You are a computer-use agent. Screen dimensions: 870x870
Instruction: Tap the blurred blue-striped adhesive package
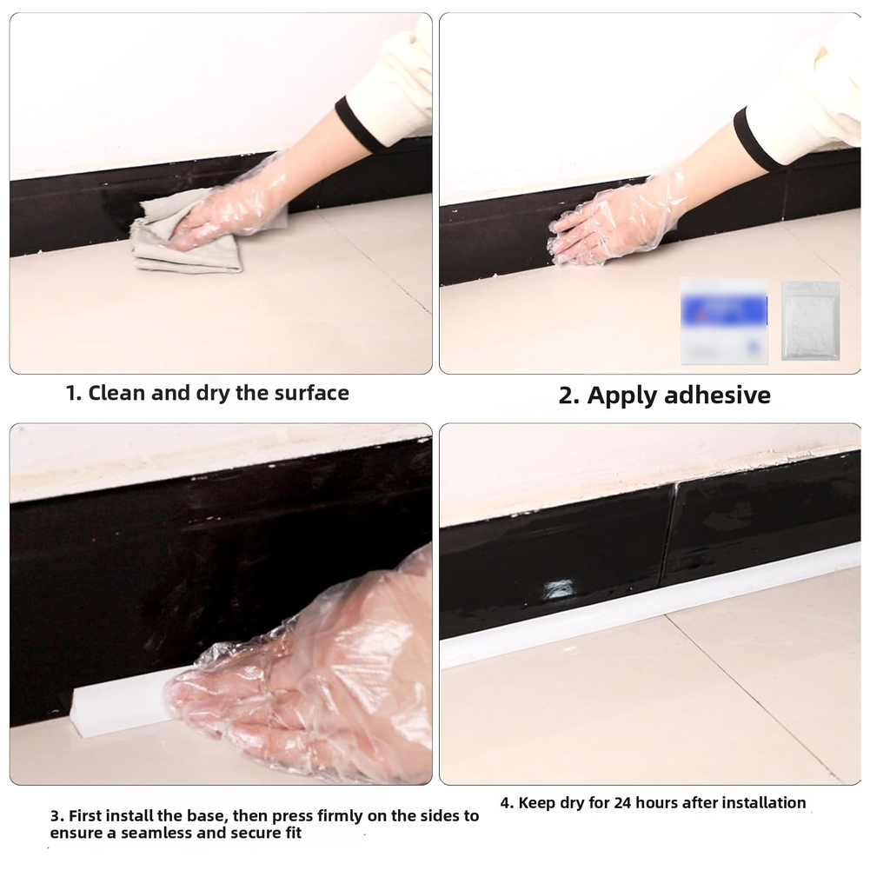coord(724,321)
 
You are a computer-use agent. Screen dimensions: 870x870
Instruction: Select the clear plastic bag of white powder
coord(810,321)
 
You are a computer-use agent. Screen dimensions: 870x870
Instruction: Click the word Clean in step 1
coord(117,393)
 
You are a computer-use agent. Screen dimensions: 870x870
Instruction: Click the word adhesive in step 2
coord(717,395)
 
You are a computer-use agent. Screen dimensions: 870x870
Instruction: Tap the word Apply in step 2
coord(622,396)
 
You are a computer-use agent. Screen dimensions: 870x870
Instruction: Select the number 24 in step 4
coord(622,802)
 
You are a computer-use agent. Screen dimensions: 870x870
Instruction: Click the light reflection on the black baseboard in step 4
coord(558,588)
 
